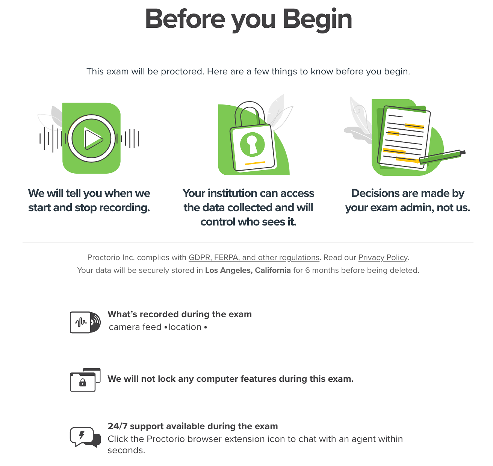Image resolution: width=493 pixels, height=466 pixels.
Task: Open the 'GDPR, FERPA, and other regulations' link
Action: (254, 257)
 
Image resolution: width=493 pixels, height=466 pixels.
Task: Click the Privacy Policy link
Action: (383, 257)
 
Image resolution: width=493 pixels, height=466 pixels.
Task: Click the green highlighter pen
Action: (442, 157)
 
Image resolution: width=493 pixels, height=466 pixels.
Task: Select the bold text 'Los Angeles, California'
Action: (248, 270)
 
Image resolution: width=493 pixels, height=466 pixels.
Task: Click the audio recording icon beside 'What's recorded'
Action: (85, 322)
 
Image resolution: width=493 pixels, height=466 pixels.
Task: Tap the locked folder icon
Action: (85, 380)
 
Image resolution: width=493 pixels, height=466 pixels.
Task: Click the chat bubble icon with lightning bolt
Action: (85, 437)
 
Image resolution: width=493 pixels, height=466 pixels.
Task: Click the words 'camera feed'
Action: (135, 327)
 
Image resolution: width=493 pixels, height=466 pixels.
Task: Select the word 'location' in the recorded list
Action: (185, 327)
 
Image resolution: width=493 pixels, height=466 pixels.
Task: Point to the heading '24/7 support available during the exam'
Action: (193, 426)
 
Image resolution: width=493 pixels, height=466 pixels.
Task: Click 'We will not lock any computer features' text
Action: (230, 379)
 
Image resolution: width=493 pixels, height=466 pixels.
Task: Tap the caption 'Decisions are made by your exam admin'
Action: (407, 200)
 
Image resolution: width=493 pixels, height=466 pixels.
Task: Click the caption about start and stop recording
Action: (89, 200)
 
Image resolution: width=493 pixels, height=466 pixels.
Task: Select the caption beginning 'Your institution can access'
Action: (248, 207)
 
